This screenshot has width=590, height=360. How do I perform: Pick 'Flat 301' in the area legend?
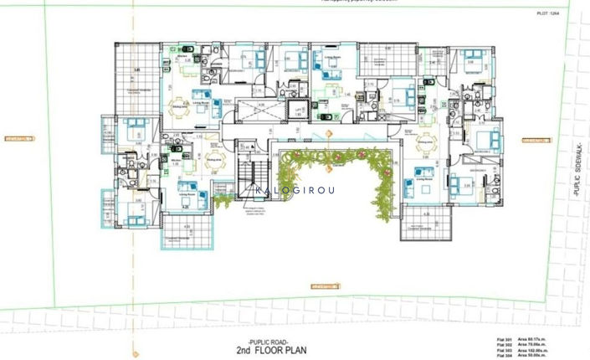[x=503, y=340]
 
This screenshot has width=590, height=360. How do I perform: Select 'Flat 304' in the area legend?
[x=503, y=356]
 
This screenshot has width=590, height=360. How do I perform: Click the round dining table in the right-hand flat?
[x=429, y=142]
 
